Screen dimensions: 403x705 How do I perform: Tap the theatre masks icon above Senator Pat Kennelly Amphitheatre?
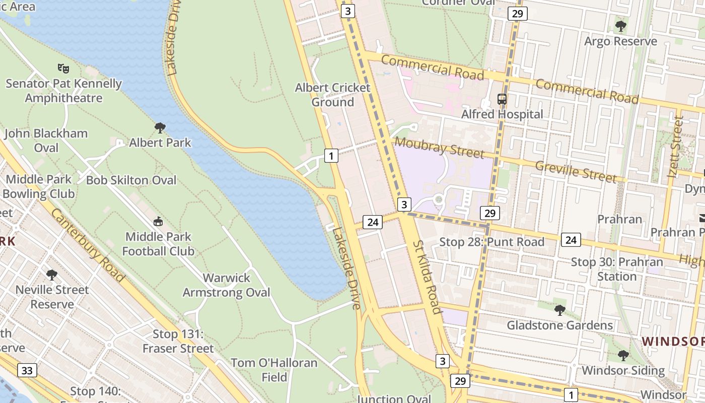[x=63, y=68]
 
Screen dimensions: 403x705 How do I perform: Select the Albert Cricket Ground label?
[x=332, y=95]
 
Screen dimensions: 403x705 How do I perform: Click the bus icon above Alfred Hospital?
[x=502, y=99]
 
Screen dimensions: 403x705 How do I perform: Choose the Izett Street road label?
[x=675, y=147]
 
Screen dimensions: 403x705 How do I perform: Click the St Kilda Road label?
[x=427, y=276]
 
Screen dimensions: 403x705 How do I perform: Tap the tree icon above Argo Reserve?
[x=621, y=26]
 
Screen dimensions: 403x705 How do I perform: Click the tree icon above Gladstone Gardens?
[x=559, y=310]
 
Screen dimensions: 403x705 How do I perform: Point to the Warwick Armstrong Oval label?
[x=227, y=285]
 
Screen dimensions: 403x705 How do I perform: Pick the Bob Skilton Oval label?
[x=131, y=180]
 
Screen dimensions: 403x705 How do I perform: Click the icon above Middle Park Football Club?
[x=158, y=221]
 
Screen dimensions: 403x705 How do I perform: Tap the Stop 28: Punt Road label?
[x=491, y=242]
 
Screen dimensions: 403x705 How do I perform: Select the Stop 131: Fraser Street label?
[x=178, y=341]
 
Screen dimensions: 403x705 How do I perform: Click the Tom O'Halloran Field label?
[x=274, y=370]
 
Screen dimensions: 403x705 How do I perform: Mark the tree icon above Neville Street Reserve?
[x=51, y=275]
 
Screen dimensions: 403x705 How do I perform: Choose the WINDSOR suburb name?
[x=673, y=342]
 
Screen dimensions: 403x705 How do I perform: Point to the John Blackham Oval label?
[x=46, y=141]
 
